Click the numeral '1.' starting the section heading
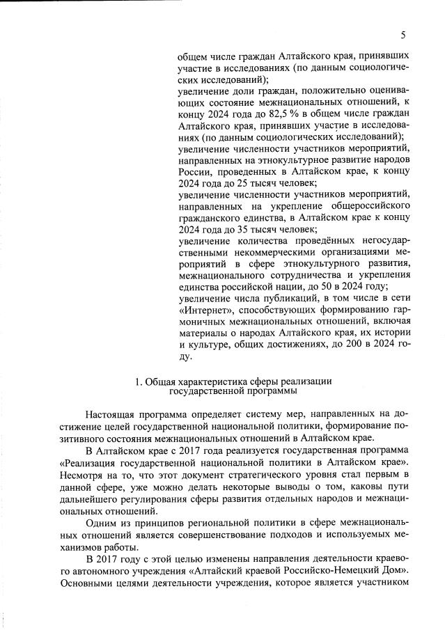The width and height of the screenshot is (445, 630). coord(139,381)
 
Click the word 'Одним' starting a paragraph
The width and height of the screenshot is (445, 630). coord(102,523)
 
